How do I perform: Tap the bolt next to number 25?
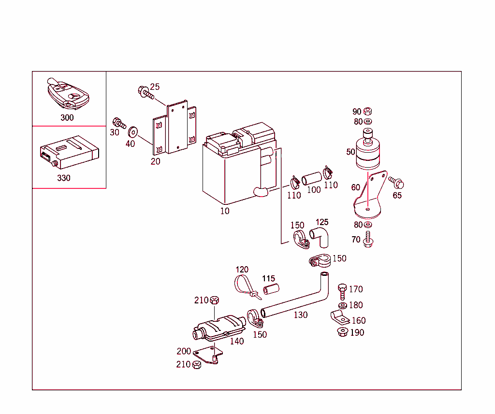(x=145, y=92)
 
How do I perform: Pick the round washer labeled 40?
(x=132, y=131)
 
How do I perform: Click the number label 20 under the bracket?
(x=155, y=161)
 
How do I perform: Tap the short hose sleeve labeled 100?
(x=312, y=177)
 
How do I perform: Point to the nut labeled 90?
(x=367, y=111)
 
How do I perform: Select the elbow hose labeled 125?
(x=320, y=236)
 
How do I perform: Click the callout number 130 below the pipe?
(x=300, y=315)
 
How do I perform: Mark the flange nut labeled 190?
(x=342, y=332)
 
